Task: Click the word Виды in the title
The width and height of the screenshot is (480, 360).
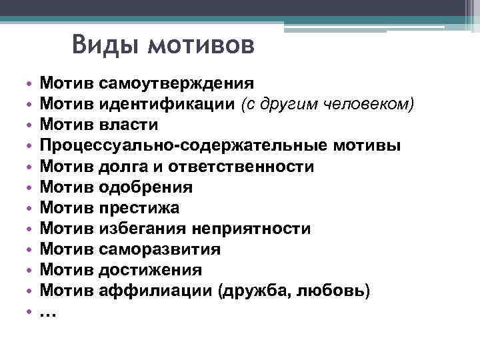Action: [x=105, y=46]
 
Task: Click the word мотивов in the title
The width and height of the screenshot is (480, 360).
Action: [x=200, y=46]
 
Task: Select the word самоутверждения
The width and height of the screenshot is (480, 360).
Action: [x=176, y=84]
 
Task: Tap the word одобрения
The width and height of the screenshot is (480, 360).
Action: [x=145, y=187]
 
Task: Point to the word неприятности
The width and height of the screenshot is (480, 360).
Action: [x=251, y=229]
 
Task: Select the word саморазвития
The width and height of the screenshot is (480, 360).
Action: [x=159, y=249]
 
